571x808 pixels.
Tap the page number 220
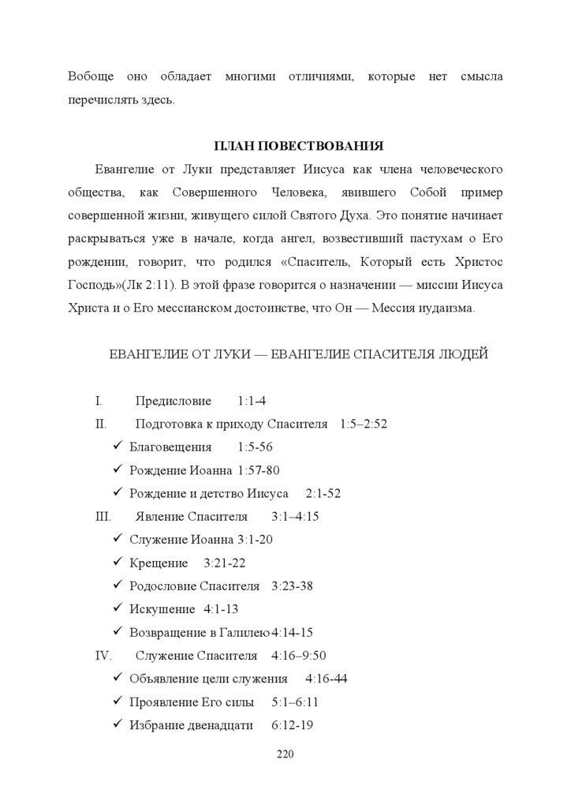pos(285,754)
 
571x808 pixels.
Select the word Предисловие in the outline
pos(174,401)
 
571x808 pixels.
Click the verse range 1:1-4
pos(252,401)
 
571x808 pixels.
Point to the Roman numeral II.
pos(101,424)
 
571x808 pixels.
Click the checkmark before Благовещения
pos(117,447)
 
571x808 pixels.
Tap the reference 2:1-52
pos(323,493)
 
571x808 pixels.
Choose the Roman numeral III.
pos(103,517)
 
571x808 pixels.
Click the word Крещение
pos(159,563)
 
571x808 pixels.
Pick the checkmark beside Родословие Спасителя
pos(117,586)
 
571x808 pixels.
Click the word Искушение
pos(162,609)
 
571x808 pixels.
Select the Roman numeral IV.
pos(103,656)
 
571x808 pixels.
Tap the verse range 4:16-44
pos(327,679)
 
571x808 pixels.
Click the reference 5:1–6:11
pos(294,702)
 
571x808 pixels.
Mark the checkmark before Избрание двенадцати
pos(117,725)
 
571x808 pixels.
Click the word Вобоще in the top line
pos(91,77)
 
